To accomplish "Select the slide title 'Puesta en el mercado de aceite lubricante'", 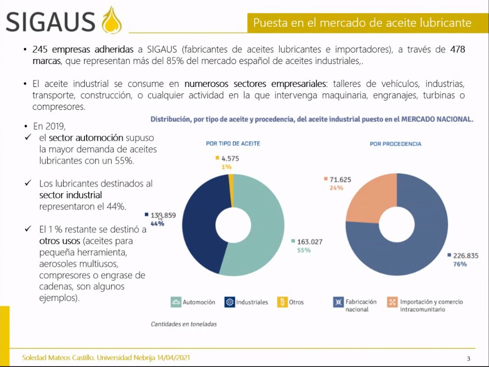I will click(x=362, y=23).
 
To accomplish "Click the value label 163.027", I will click(x=309, y=242).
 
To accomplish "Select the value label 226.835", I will click(x=466, y=256).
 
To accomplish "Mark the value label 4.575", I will click(x=230, y=158).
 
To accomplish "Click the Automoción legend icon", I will click(x=176, y=302).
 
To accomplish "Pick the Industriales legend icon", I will click(x=230, y=302).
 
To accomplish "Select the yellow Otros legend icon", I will click(x=282, y=302).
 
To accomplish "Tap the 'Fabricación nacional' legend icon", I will click(x=338, y=302).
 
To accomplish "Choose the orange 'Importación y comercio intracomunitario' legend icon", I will click(x=392, y=302).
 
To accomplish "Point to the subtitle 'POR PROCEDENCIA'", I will click(x=395, y=144).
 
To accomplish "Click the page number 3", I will click(x=468, y=358).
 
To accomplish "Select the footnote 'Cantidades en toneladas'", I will click(x=184, y=324).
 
